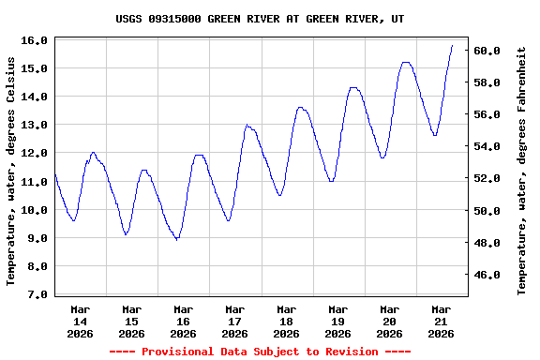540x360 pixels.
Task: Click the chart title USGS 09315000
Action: [261, 19]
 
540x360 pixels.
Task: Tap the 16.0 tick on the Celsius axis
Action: [35, 40]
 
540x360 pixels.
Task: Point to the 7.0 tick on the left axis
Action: [37, 294]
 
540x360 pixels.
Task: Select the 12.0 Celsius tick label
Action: [35, 153]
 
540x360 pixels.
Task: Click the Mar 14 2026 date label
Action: [80, 321]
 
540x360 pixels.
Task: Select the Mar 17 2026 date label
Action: [234, 321]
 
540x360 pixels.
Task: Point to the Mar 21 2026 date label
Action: [441, 321]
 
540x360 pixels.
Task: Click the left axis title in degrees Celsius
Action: [11, 171]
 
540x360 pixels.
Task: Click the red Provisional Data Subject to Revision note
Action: [260, 352]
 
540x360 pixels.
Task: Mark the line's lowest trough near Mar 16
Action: [176, 240]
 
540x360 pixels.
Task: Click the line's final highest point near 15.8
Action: [452, 45]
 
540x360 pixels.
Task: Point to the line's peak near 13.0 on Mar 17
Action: [247, 125]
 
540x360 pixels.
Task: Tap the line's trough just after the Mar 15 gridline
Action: [126, 234]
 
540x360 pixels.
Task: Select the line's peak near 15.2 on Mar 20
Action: [405, 63]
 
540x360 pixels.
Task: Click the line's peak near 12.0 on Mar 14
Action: [93, 152]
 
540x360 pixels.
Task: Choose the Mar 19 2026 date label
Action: [337, 321]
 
